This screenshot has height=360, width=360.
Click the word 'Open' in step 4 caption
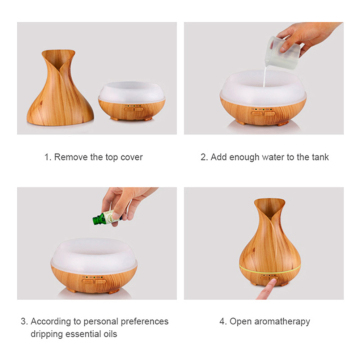241,321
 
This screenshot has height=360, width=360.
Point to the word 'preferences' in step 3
142,321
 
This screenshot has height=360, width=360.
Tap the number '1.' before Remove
48,157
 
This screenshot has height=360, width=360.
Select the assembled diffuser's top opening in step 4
269,205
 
